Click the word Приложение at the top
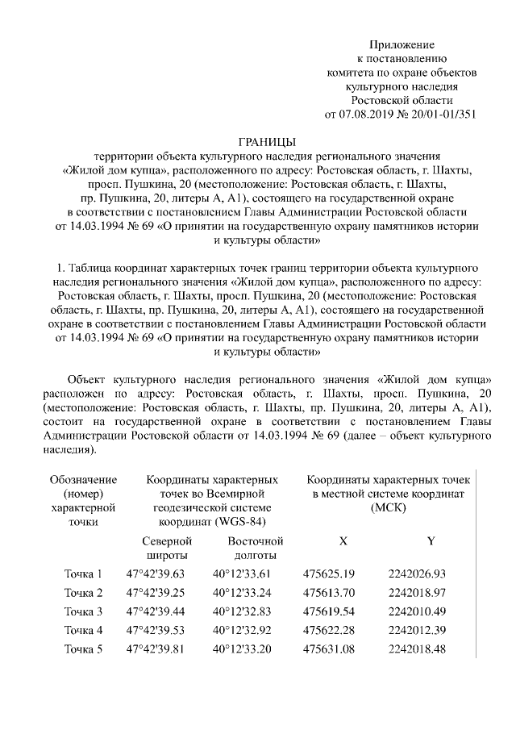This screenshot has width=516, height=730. [402, 44]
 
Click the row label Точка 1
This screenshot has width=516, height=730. [83, 574]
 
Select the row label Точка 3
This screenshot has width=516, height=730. [83, 611]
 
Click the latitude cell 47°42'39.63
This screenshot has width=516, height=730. [156, 574]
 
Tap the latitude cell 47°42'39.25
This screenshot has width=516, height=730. [156, 593]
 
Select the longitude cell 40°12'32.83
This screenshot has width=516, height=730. [242, 611]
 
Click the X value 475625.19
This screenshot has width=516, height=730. [329, 574]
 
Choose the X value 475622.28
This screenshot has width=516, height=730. [329, 629]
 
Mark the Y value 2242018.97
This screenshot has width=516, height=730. [417, 593]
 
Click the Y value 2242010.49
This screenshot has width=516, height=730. [417, 611]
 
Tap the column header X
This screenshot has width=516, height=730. [343, 541]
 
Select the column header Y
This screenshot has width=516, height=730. [430, 541]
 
